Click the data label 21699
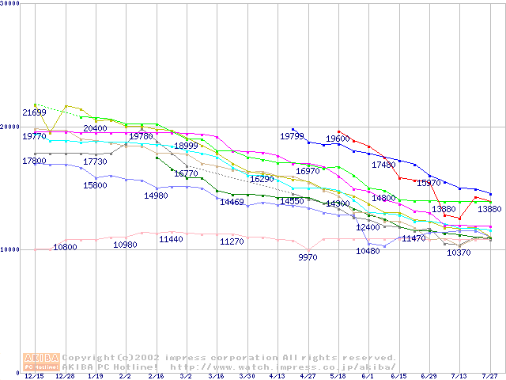coord(34,112)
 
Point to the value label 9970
coord(308,257)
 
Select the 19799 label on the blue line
coord(292,137)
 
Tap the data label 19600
coord(338,139)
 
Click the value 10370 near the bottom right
coord(459,253)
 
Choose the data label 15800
coord(95,185)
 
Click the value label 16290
coord(261,180)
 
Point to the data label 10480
coord(368,251)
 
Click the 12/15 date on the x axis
coord(34,377)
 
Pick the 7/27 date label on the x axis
coord(490,377)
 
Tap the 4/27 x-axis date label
coord(308,377)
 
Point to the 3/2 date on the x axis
coord(186,377)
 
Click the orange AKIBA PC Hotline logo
coord(40,362)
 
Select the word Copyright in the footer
coord(90,357)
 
